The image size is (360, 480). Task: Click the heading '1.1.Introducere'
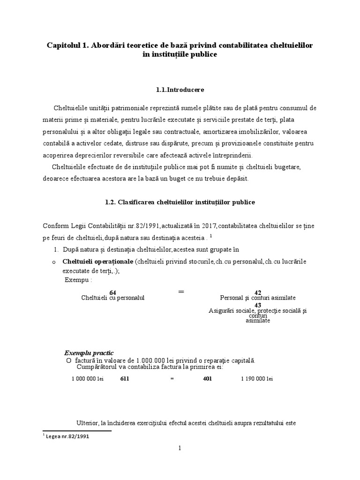(x=180, y=89)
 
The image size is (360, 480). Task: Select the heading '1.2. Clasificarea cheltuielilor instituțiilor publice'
(x=180, y=203)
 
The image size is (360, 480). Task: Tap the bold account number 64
(x=112, y=293)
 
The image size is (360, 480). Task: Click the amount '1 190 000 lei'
(x=257, y=378)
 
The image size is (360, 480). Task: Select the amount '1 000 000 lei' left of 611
(x=88, y=378)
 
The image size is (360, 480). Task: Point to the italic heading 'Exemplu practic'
(x=89, y=352)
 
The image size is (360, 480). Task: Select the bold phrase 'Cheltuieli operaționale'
(x=97, y=261)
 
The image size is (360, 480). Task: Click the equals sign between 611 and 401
(x=172, y=378)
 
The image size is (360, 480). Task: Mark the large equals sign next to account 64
(x=181, y=292)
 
